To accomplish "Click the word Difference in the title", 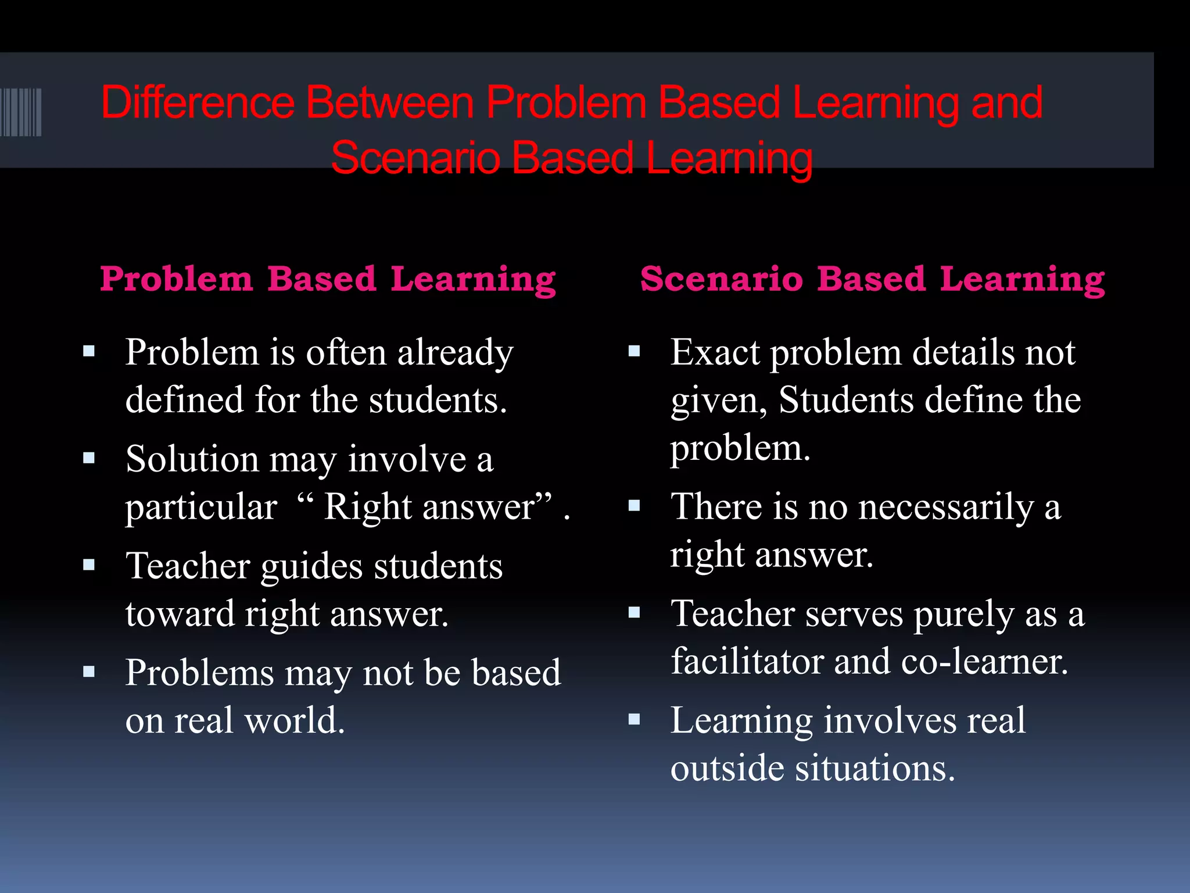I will pyautogui.click(x=198, y=103).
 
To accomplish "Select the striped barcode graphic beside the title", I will pyautogui.click(x=21, y=112).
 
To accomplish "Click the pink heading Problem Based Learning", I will pyautogui.click(x=328, y=279).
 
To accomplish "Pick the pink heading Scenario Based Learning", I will pyautogui.click(x=872, y=279).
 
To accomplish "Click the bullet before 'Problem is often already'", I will pyautogui.click(x=89, y=351).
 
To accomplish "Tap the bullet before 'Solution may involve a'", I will pyautogui.click(x=89, y=458).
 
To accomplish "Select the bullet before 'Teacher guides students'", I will pyautogui.click(x=89, y=565).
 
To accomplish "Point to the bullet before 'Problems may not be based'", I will pyautogui.click(x=89, y=672).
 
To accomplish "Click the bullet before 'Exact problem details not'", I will pyautogui.click(x=634, y=351).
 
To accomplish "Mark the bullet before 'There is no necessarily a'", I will pyautogui.click(x=634, y=506).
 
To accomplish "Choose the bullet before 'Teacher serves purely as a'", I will pyautogui.click(x=634, y=612).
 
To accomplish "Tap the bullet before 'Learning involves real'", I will pyautogui.click(x=634, y=720).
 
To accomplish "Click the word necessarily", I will pyautogui.click(x=946, y=507).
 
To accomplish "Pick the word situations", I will pyautogui.click(x=875, y=769).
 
